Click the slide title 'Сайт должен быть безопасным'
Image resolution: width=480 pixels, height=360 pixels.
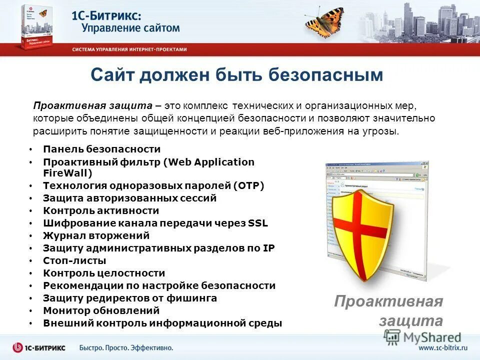click(x=237, y=75)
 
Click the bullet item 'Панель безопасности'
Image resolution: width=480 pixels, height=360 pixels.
click(x=101, y=149)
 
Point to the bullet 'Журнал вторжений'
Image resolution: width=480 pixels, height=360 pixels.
click(x=96, y=235)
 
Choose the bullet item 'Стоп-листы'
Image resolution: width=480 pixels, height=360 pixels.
click(x=74, y=260)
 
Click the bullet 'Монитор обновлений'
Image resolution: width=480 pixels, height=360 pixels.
click(x=101, y=310)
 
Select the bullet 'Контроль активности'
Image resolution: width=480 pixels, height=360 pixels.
click(x=101, y=210)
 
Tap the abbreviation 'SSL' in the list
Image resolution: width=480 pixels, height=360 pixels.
click(x=258, y=223)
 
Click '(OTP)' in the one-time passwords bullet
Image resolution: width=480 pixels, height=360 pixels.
click(x=248, y=185)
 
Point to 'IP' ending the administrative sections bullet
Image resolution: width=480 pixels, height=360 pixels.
click(x=269, y=248)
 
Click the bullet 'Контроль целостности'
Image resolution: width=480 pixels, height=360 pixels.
click(x=104, y=273)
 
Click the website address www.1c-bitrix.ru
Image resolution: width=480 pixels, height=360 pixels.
click(x=442, y=347)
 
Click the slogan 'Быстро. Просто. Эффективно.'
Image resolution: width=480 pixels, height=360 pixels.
click(x=126, y=347)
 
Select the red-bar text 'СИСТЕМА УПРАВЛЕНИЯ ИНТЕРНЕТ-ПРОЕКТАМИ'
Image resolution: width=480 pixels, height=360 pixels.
click(x=129, y=49)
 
